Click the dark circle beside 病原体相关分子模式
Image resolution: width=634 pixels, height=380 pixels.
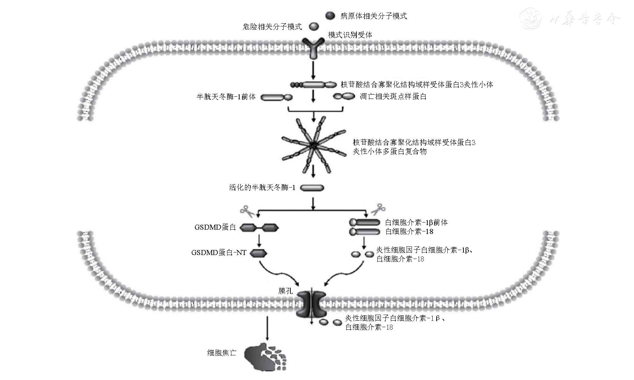coord(330,16)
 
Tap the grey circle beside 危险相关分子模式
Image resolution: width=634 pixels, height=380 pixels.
coord(314,26)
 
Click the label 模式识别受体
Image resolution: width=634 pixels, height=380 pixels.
coord(350,35)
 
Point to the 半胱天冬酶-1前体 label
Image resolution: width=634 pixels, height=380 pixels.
coord(226,97)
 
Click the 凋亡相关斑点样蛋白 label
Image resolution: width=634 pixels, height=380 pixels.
coord(393,97)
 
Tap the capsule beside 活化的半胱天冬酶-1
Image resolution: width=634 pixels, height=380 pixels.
coord(312,188)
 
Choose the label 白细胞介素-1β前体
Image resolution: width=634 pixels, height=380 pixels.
coord(416,222)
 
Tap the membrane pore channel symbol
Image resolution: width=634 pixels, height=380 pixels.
coord(311,304)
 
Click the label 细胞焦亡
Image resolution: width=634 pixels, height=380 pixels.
coord(222,353)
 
